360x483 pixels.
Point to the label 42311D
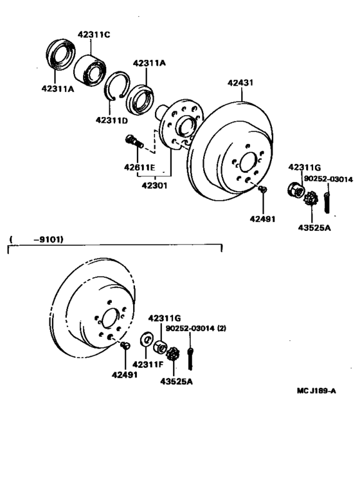tap(112, 120)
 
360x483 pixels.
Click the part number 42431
tap(241, 82)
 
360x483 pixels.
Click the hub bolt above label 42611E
tap(133, 141)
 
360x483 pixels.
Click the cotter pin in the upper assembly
tap(328, 196)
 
